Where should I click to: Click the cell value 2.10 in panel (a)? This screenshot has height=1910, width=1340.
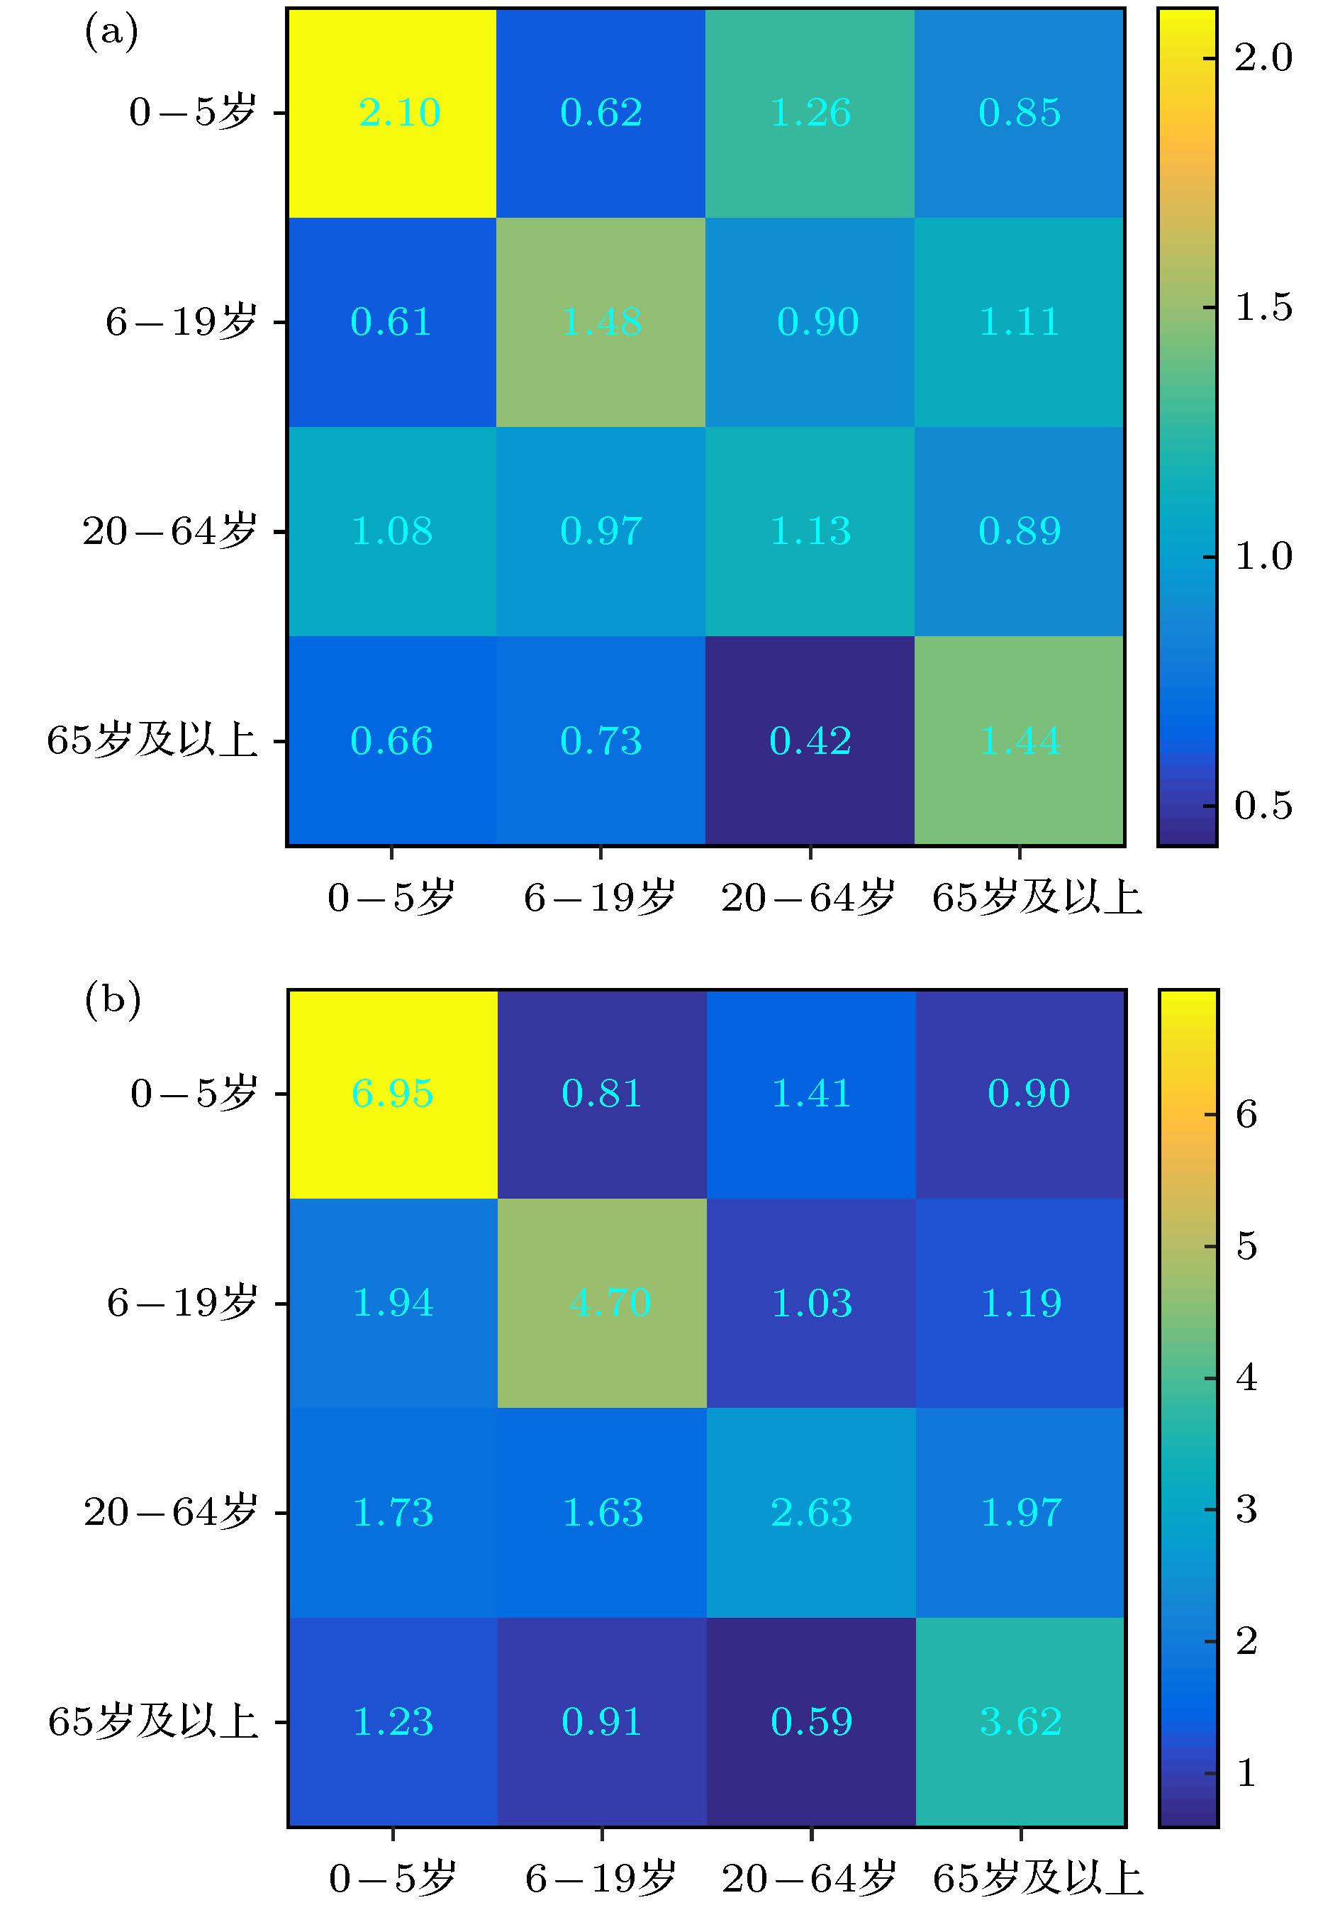click(399, 112)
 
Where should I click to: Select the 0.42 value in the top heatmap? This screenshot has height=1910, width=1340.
click(810, 740)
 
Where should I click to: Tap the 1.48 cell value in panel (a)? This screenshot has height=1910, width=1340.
click(601, 322)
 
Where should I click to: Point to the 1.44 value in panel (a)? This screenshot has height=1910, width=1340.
click(1020, 740)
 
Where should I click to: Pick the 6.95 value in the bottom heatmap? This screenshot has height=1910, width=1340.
click(393, 1093)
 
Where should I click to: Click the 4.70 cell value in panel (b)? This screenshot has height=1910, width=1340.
click(610, 1303)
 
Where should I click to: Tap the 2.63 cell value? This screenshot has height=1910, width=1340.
click(812, 1511)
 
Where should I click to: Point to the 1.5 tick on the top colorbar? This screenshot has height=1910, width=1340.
click(1263, 307)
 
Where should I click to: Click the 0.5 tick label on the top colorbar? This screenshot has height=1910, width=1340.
click(1263, 805)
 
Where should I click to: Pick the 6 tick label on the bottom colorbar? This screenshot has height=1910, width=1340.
click(1246, 1114)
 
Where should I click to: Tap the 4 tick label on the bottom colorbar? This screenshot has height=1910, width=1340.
click(1246, 1377)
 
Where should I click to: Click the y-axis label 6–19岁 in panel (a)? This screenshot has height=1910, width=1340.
click(181, 322)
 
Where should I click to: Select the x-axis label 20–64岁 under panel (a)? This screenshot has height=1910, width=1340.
click(808, 899)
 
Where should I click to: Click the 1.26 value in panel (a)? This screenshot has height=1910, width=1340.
click(810, 112)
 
